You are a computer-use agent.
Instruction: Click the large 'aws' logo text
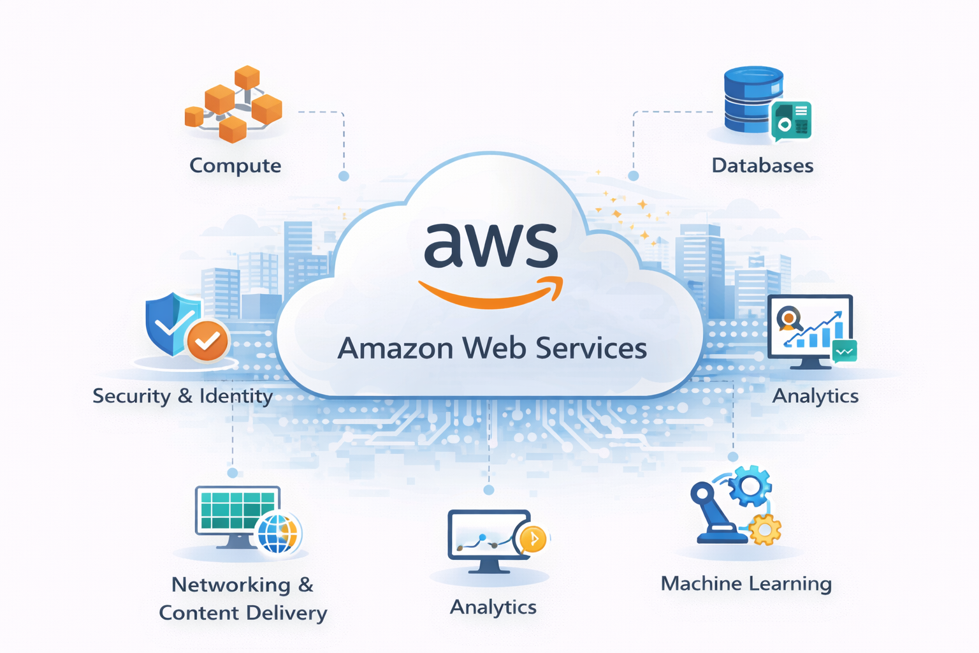point(491,245)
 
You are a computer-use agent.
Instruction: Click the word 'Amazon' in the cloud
point(395,348)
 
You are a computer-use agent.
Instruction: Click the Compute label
point(235,166)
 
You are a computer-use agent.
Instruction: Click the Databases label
point(762,166)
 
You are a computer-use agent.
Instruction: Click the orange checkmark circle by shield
point(207,341)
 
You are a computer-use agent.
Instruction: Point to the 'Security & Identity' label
point(182,396)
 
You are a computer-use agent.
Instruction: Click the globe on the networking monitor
point(279,532)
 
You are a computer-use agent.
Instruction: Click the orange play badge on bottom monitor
point(533,539)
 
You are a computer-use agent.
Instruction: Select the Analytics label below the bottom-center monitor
point(493,607)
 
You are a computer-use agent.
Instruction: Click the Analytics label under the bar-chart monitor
point(815,396)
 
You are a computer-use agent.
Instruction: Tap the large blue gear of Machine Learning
point(750,486)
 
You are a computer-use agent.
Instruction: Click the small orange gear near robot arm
point(764,529)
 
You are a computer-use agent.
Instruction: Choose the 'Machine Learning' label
point(746,583)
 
